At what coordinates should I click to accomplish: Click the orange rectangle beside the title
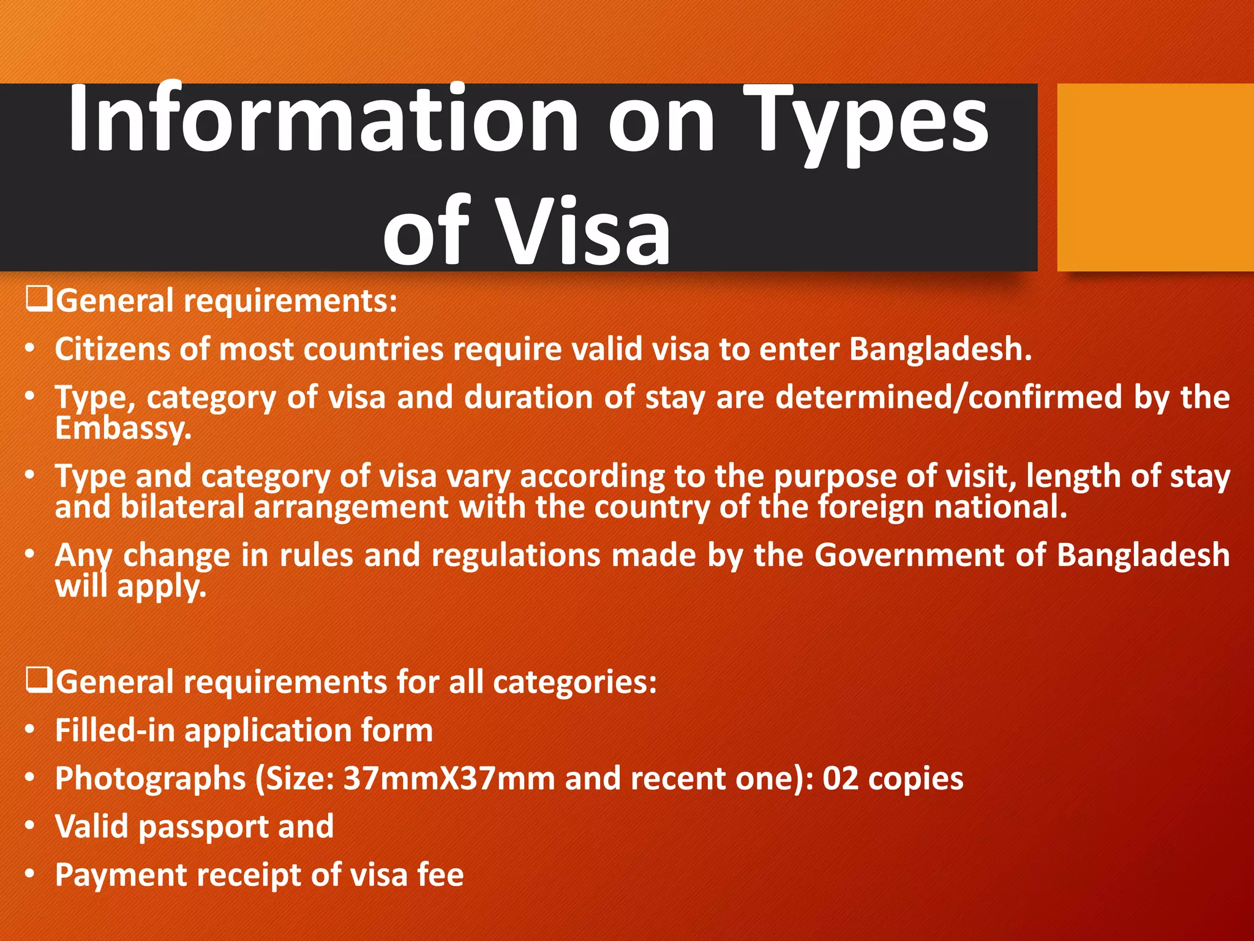click(1155, 177)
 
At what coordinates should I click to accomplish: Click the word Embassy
click(123, 428)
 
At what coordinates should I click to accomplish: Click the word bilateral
click(182, 507)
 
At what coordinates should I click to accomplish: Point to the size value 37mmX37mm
click(448, 779)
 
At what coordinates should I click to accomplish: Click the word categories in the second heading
click(574, 682)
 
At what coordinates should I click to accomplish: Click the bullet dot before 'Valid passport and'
click(30, 826)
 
